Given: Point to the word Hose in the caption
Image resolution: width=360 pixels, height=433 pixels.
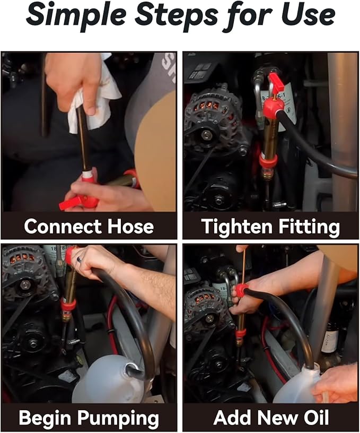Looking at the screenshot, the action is coord(130,226).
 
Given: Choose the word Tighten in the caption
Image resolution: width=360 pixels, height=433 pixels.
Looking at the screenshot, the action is coord(236,227).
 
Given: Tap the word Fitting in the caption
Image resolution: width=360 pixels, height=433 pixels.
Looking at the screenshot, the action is coord(309,227).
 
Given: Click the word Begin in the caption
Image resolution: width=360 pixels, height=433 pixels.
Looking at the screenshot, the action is coord(45,418).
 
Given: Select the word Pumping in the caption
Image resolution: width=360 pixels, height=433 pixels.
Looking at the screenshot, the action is coord(118,418).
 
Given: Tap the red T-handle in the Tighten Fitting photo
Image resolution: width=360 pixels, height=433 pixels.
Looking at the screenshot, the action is coord(276,82).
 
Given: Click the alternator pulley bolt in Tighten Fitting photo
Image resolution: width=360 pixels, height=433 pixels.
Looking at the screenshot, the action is coord(206,135).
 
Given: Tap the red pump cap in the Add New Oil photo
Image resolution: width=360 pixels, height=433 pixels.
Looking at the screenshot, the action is coord(241,290).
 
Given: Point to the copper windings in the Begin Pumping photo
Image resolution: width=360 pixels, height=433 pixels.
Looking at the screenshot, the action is coord(24,258).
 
